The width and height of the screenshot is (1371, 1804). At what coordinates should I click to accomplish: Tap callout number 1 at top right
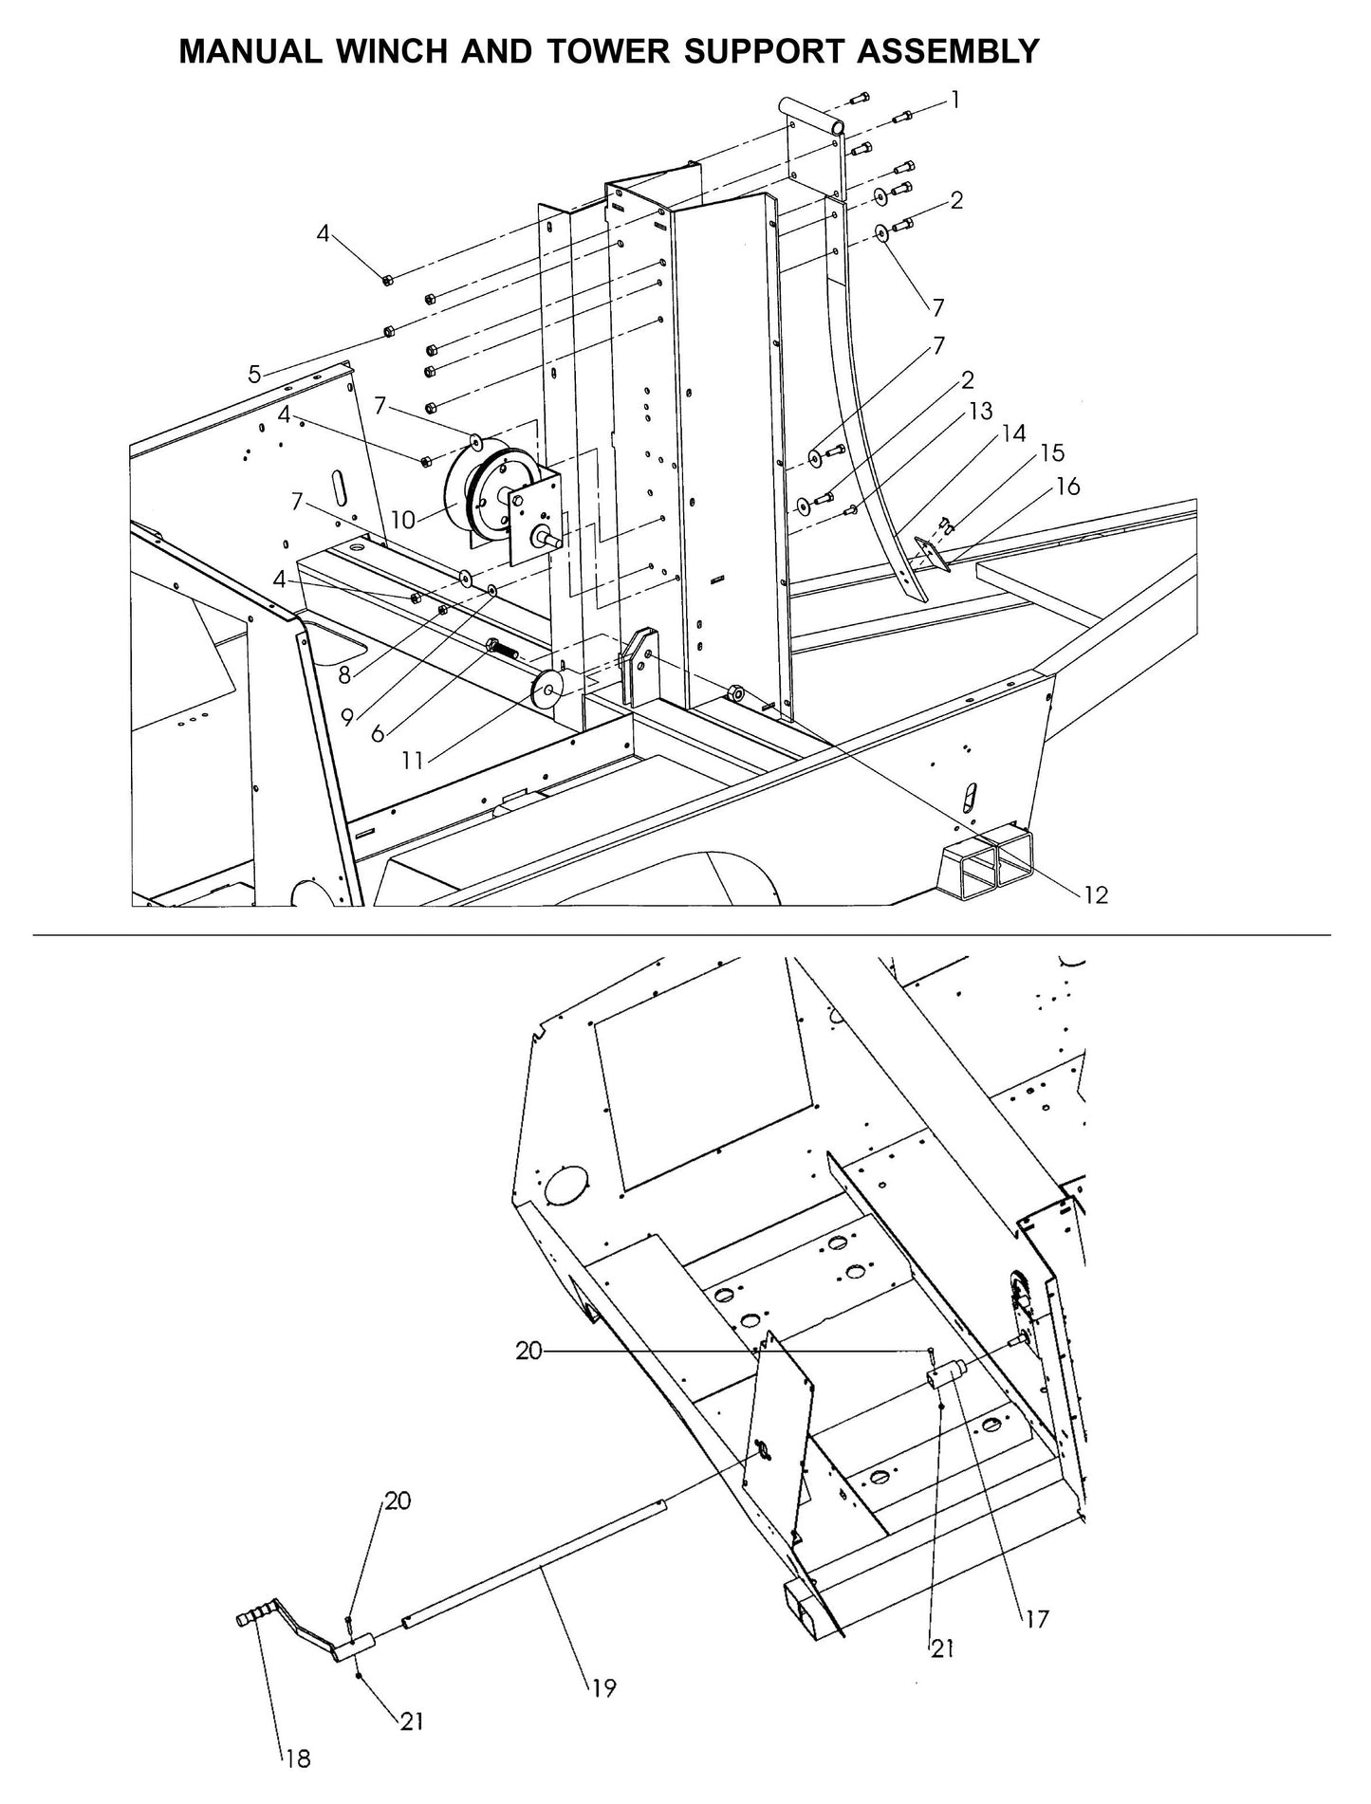(955, 100)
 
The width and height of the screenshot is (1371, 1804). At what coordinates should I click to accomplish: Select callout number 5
(254, 375)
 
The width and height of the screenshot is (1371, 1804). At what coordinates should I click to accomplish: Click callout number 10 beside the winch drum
(402, 519)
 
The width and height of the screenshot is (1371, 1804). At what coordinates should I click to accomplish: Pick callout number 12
(1095, 894)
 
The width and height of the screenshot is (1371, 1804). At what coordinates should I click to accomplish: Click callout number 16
(1067, 487)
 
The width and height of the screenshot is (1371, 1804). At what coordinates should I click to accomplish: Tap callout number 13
(980, 411)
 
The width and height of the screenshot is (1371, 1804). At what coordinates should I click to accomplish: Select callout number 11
(411, 760)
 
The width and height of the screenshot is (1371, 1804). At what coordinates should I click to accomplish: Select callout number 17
(1037, 1618)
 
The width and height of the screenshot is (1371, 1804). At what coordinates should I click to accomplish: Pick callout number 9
(347, 717)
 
